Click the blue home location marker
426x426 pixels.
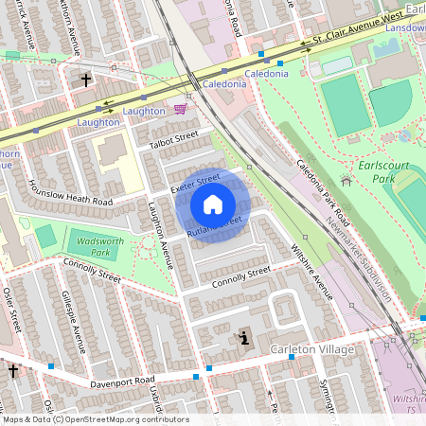click(x=213, y=204)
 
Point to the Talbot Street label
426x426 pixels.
click(x=173, y=138)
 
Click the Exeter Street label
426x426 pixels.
click(x=195, y=183)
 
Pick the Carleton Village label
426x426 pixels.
click(x=311, y=350)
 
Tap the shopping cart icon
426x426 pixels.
click(x=180, y=110)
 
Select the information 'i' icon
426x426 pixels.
click(x=244, y=338)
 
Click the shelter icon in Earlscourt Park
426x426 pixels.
click(x=345, y=180)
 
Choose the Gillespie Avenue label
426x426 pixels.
click(x=75, y=322)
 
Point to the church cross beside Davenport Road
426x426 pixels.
click(x=13, y=371)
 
